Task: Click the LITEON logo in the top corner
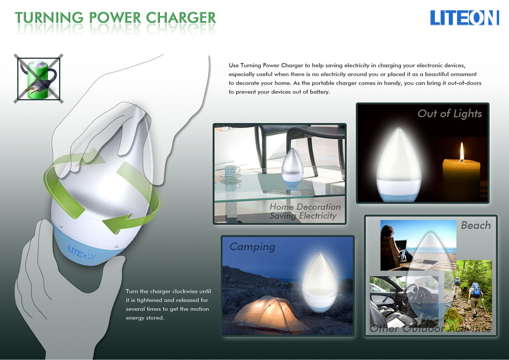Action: (x=465, y=18)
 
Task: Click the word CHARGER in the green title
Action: (x=180, y=18)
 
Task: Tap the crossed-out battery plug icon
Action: (x=39, y=79)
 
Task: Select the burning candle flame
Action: (x=462, y=152)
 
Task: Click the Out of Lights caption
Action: (x=449, y=113)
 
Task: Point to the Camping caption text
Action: (x=252, y=247)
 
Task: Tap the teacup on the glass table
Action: (x=232, y=171)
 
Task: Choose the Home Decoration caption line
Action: (x=305, y=207)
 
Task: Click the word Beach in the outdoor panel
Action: (x=476, y=225)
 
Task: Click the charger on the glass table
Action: (x=292, y=168)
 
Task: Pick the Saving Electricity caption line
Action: (x=303, y=216)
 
